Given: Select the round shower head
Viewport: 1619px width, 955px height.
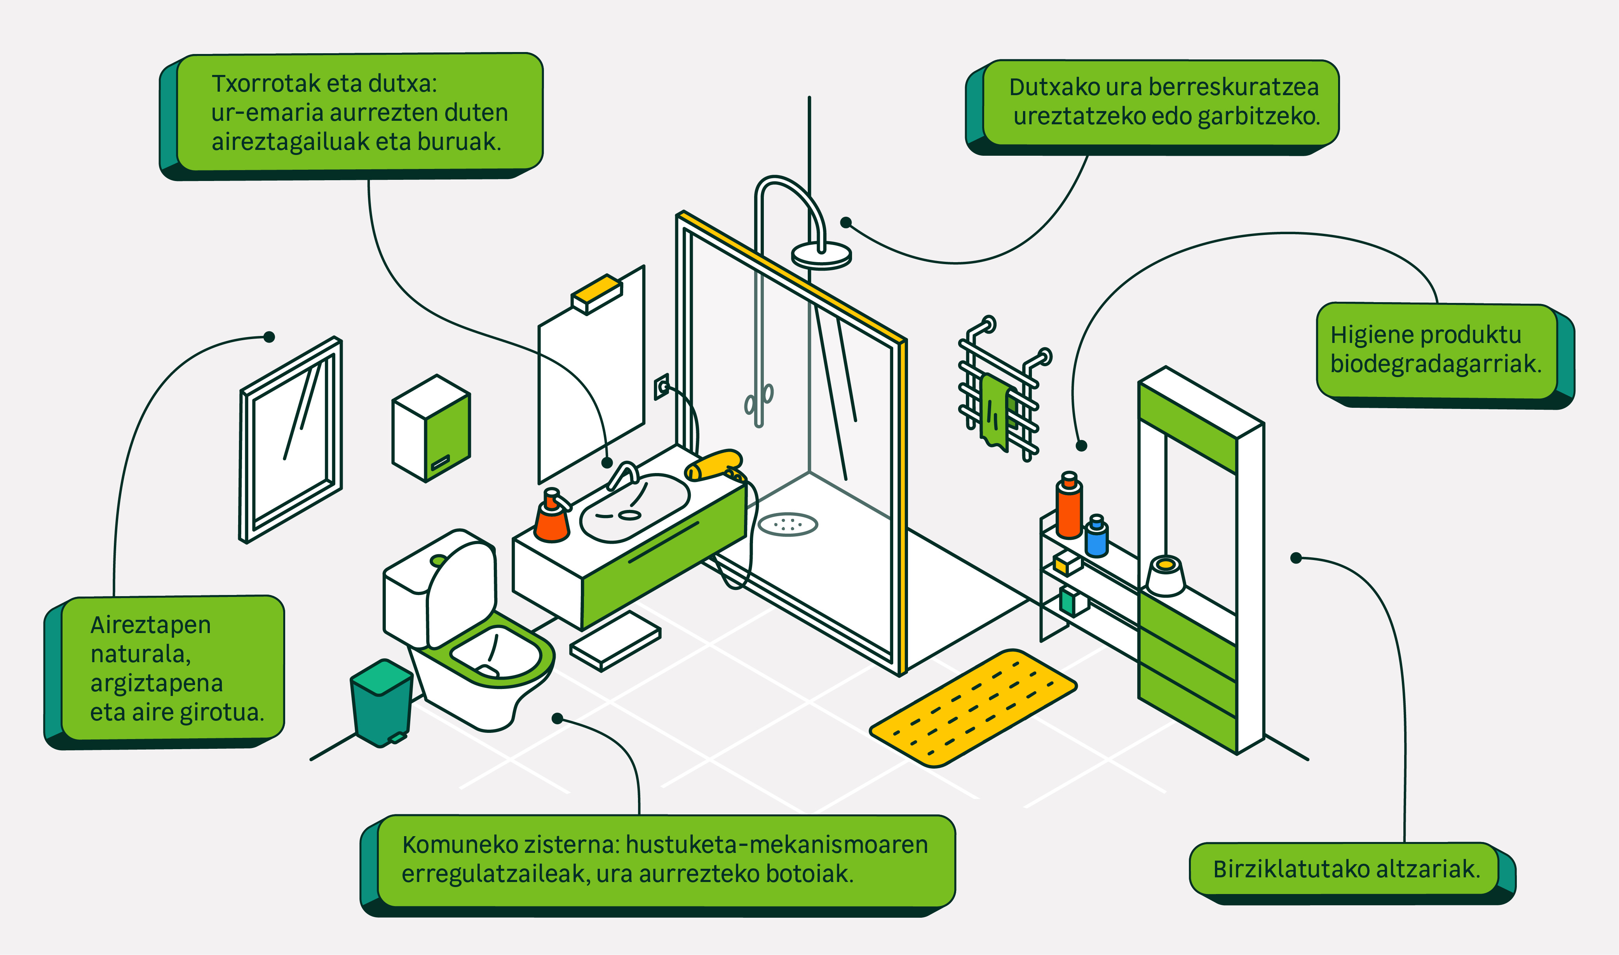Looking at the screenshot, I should point(821,255).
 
